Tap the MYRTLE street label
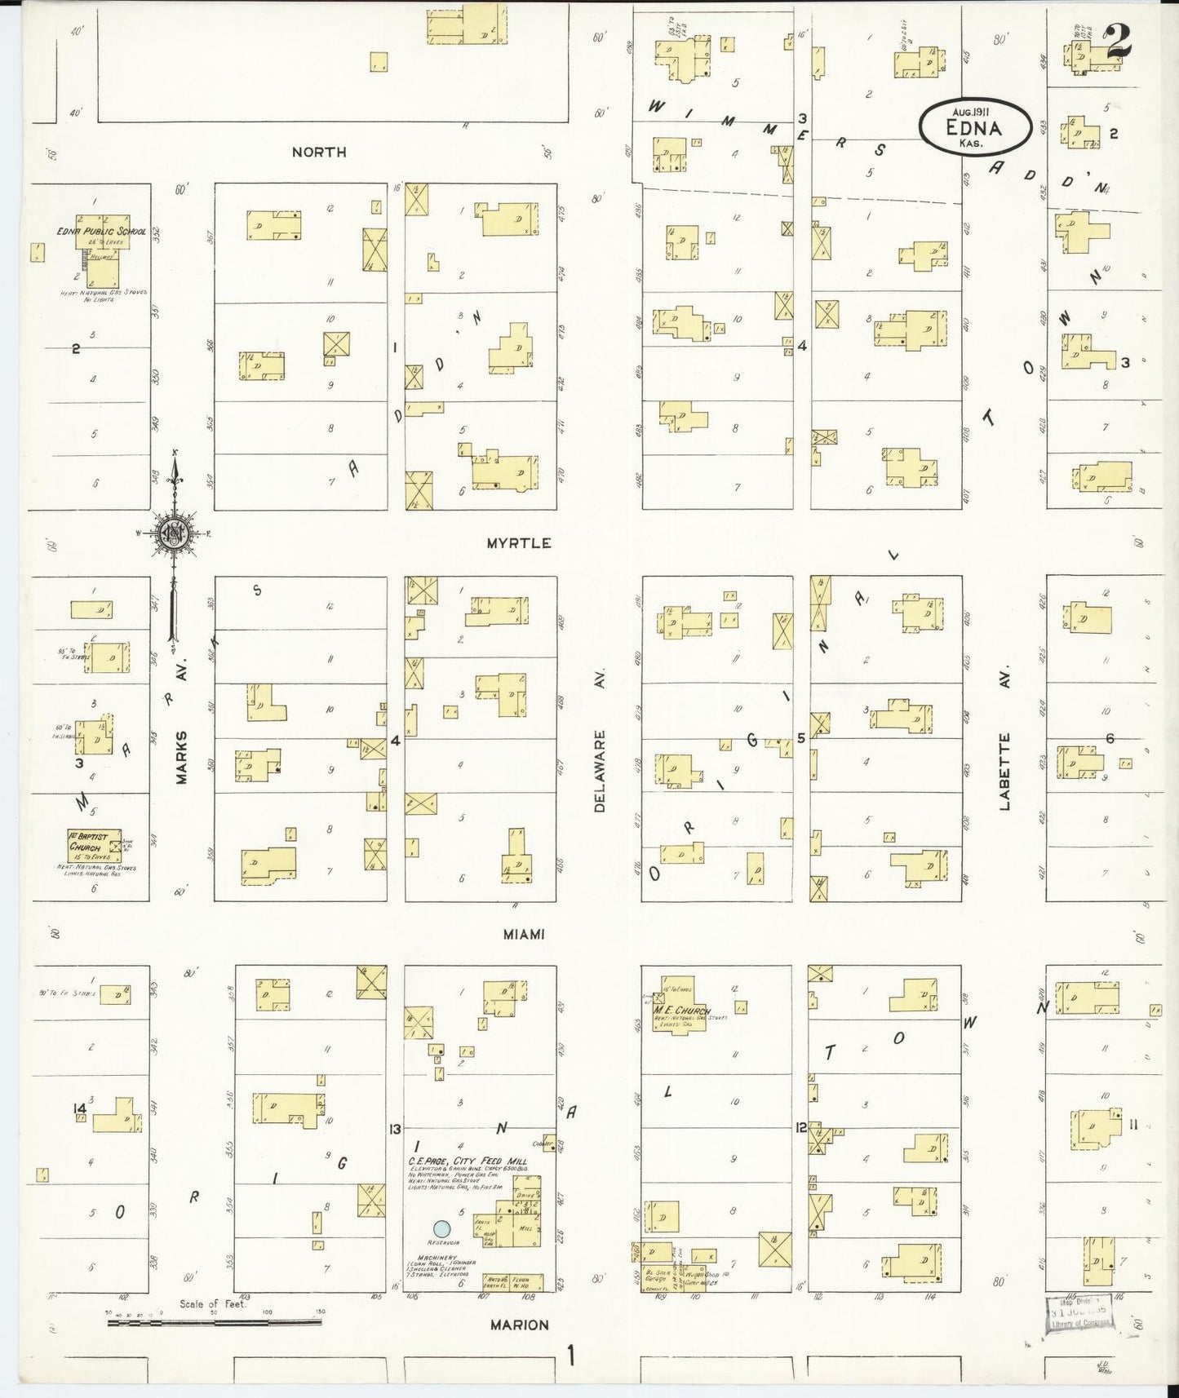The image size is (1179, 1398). click(519, 543)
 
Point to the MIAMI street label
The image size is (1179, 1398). click(524, 934)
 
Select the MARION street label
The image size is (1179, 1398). click(520, 1325)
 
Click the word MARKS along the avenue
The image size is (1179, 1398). click(181, 757)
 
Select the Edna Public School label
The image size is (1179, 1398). click(101, 232)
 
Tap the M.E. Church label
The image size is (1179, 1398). click(682, 1011)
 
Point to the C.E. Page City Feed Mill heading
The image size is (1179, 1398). click(468, 1161)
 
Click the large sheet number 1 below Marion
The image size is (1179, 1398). click(571, 1356)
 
